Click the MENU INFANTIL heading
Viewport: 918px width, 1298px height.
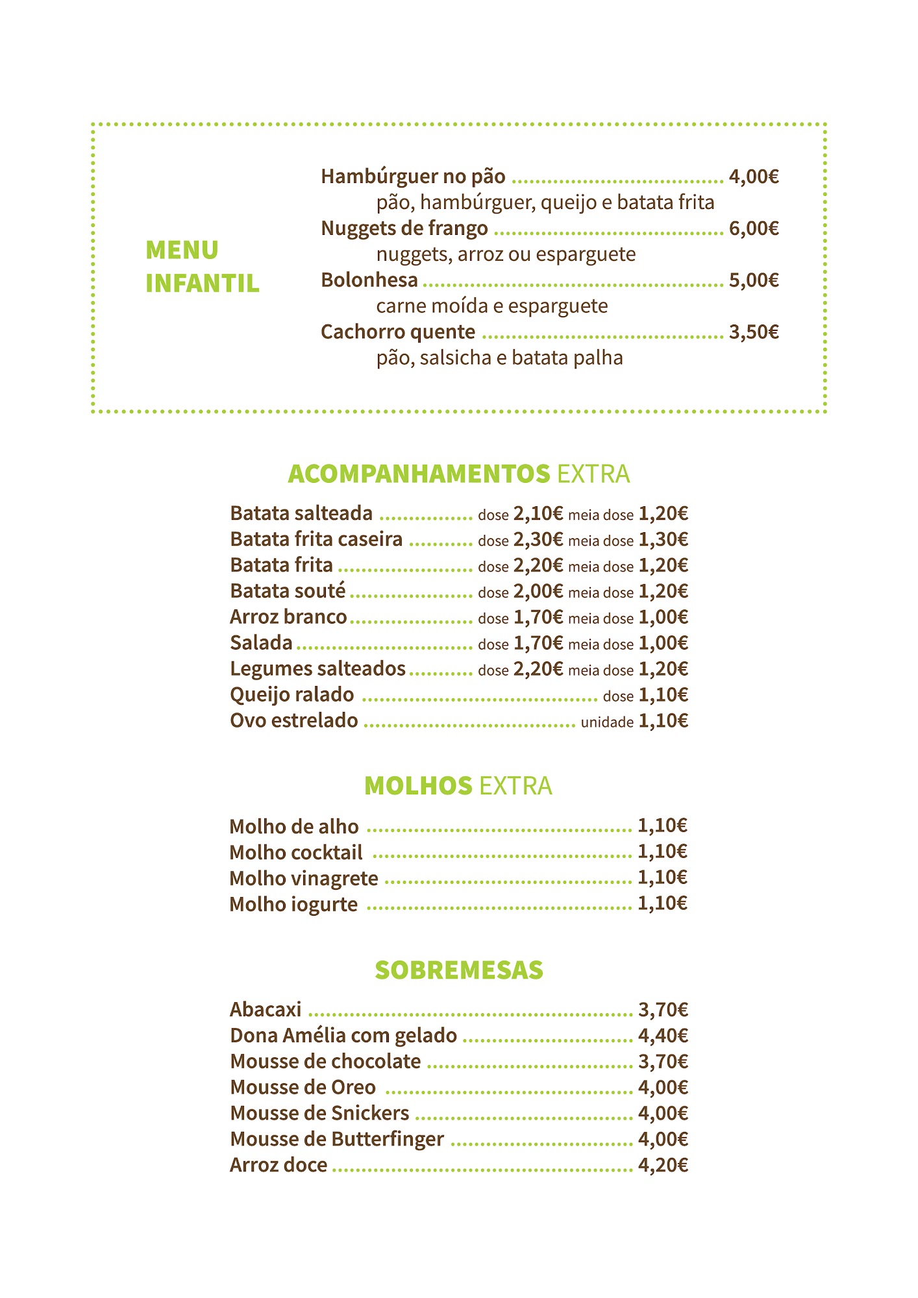coord(202,267)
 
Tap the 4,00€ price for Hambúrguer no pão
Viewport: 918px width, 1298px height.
coord(753,177)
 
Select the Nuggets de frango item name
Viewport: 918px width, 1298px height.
coord(404,228)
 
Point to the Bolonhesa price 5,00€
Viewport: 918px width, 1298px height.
coord(753,280)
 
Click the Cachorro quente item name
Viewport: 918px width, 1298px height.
coord(397,332)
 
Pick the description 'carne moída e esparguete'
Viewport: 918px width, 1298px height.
coord(491,306)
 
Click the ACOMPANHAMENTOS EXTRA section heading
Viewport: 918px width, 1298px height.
coord(458,474)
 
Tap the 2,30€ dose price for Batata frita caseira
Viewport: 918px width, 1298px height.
coord(538,540)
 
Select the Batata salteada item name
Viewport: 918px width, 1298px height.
coord(301,513)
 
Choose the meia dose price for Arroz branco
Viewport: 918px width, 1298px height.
coord(663,617)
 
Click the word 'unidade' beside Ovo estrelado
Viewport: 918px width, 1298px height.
coord(607,722)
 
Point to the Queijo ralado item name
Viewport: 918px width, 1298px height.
coord(292,695)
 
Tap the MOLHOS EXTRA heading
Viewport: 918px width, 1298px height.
coord(458,786)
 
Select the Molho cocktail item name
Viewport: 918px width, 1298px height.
coord(296,852)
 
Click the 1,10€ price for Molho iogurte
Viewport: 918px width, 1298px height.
coord(662,903)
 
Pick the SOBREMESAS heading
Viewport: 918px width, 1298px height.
coord(458,970)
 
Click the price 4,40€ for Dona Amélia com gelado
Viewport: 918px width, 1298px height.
coord(663,1036)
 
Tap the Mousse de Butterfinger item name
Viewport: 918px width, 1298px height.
coord(337,1139)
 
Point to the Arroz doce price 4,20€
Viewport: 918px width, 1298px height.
coord(663,1166)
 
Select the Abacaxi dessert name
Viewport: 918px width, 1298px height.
coord(266,1010)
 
